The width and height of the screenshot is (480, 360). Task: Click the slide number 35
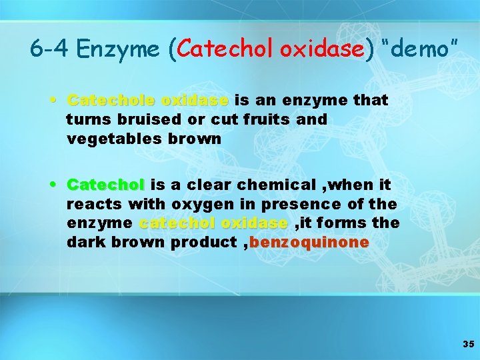click(468, 344)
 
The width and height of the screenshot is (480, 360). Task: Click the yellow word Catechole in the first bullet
click(111, 101)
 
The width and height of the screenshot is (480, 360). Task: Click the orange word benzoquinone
click(309, 242)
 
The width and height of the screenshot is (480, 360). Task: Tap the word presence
click(313, 203)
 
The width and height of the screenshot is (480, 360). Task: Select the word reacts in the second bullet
click(94, 203)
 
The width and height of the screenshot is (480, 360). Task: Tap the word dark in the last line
click(85, 242)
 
